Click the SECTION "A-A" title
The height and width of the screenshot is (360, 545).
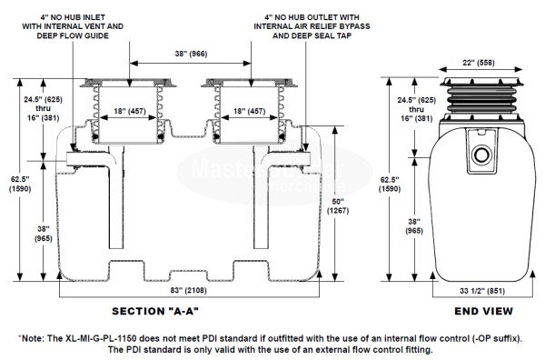155,311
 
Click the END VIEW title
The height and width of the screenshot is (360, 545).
483,311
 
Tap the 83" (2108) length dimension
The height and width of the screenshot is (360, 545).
188,290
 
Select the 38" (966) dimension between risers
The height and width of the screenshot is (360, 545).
191,54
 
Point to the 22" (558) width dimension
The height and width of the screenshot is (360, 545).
479,63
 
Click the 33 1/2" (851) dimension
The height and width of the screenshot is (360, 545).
481,291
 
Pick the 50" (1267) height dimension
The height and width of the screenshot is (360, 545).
338,206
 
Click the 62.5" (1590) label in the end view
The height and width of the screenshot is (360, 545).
390,184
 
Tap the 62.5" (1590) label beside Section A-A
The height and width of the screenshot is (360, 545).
20,184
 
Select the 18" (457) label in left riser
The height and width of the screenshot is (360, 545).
130,111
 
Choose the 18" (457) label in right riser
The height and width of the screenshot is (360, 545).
249,111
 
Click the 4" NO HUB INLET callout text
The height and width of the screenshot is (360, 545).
73,26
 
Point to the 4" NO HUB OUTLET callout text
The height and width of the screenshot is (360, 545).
312,26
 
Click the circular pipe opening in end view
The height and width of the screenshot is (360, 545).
481,154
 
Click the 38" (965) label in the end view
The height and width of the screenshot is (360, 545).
414,226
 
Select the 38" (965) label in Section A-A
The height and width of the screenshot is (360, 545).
43,234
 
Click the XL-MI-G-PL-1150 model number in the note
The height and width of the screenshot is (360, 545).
101,338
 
